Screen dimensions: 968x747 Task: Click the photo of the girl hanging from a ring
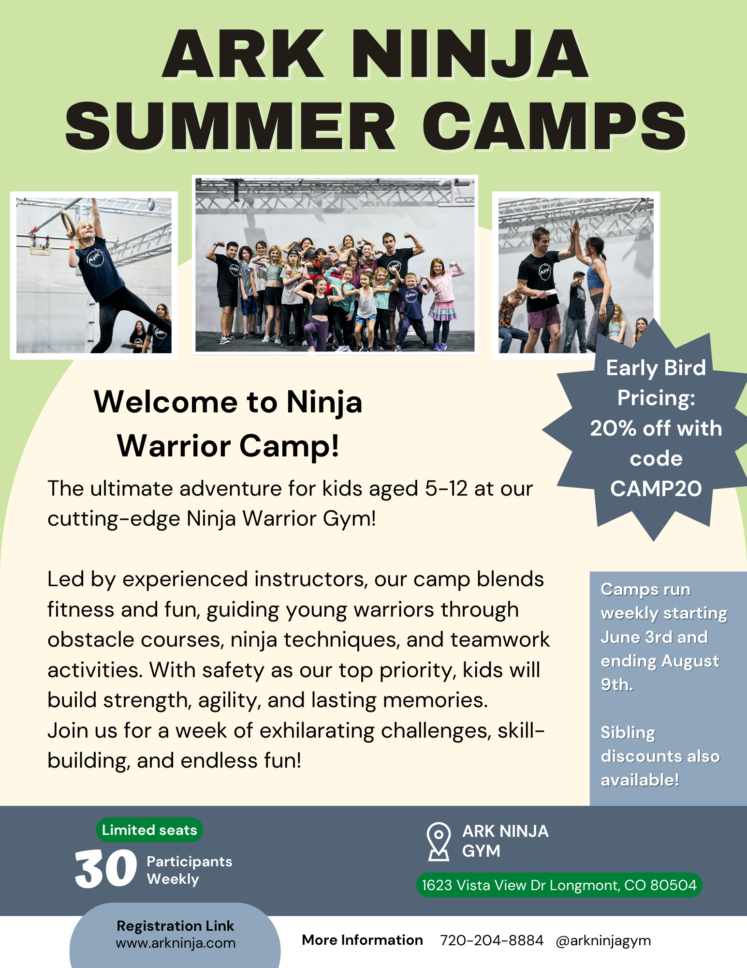[94, 275]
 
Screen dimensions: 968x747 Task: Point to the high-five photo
[575, 275]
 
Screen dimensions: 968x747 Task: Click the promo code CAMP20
[656, 489]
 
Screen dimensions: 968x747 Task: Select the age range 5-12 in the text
[446, 489]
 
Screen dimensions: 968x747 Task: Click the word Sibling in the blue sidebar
[628, 733]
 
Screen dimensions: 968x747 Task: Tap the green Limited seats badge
[149, 830]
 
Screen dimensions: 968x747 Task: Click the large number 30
[106, 869]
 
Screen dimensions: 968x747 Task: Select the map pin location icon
[439, 842]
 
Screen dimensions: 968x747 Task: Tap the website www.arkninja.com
[176, 943]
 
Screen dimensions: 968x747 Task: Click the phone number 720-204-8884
[491, 940]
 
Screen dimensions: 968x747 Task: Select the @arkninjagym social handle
[603, 940]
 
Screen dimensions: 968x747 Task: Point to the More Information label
[362, 940]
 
